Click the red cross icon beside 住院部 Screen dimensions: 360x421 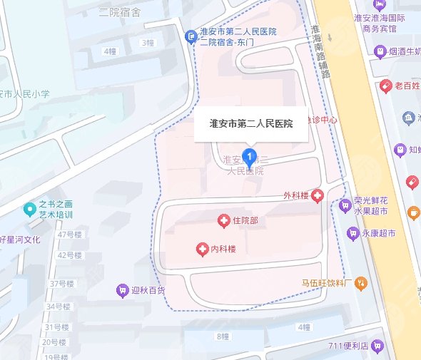pos(223,222)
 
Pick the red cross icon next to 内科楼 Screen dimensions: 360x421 pos(202,249)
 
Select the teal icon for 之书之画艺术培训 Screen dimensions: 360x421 pos(29,209)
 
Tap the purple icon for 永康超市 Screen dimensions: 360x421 pos(352,233)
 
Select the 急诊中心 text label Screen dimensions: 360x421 pos(322,120)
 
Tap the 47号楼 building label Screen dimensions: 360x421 pos(71,235)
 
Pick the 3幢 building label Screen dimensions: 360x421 pos(148,43)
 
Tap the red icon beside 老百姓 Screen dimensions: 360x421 pos(386,86)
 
